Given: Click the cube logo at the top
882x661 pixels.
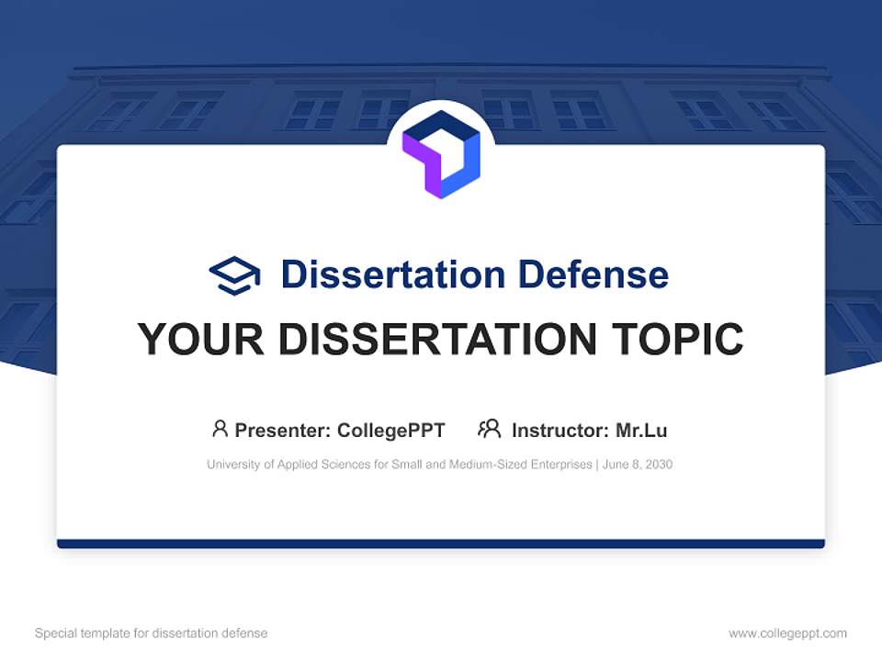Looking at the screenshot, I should (x=441, y=154).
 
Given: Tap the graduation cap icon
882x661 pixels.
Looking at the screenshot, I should (x=234, y=274).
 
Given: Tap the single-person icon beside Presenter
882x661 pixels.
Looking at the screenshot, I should (x=220, y=429).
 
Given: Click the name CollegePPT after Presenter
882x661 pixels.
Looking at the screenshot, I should (x=391, y=431).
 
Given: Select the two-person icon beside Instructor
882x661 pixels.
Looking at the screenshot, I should (x=489, y=429).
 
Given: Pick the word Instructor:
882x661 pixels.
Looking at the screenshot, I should (x=560, y=431).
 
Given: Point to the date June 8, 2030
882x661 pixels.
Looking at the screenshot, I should (x=639, y=465).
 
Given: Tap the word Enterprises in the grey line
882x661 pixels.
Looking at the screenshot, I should (x=561, y=465).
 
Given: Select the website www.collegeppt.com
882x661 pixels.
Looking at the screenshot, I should (x=787, y=633).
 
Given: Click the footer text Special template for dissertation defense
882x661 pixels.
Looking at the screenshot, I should (x=151, y=633).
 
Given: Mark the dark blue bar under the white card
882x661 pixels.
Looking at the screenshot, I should (x=441, y=543).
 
